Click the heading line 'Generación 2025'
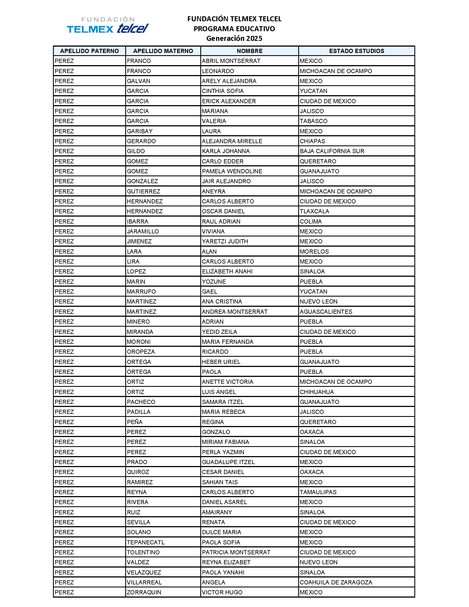[234, 38]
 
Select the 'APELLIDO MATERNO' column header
[163, 51]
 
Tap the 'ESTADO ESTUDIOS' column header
[356, 51]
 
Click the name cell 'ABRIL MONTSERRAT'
[231, 61]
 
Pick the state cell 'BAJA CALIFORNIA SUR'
[332, 151]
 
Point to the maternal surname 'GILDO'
[136, 151]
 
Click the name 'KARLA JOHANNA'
[226, 151]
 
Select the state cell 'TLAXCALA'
[314, 211]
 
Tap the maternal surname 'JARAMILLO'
[143, 231]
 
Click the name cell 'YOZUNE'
[214, 281]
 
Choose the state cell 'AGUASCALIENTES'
[326, 312]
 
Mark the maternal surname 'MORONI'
[139, 342]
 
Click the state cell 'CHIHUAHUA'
[317, 392]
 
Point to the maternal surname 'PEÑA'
[134, 422]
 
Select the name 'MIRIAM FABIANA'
[225, 442]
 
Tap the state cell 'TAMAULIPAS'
[318, 492]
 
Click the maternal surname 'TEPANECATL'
[146, 542]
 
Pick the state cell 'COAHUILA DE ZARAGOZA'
[336, 582]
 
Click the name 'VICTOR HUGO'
[222, 592]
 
